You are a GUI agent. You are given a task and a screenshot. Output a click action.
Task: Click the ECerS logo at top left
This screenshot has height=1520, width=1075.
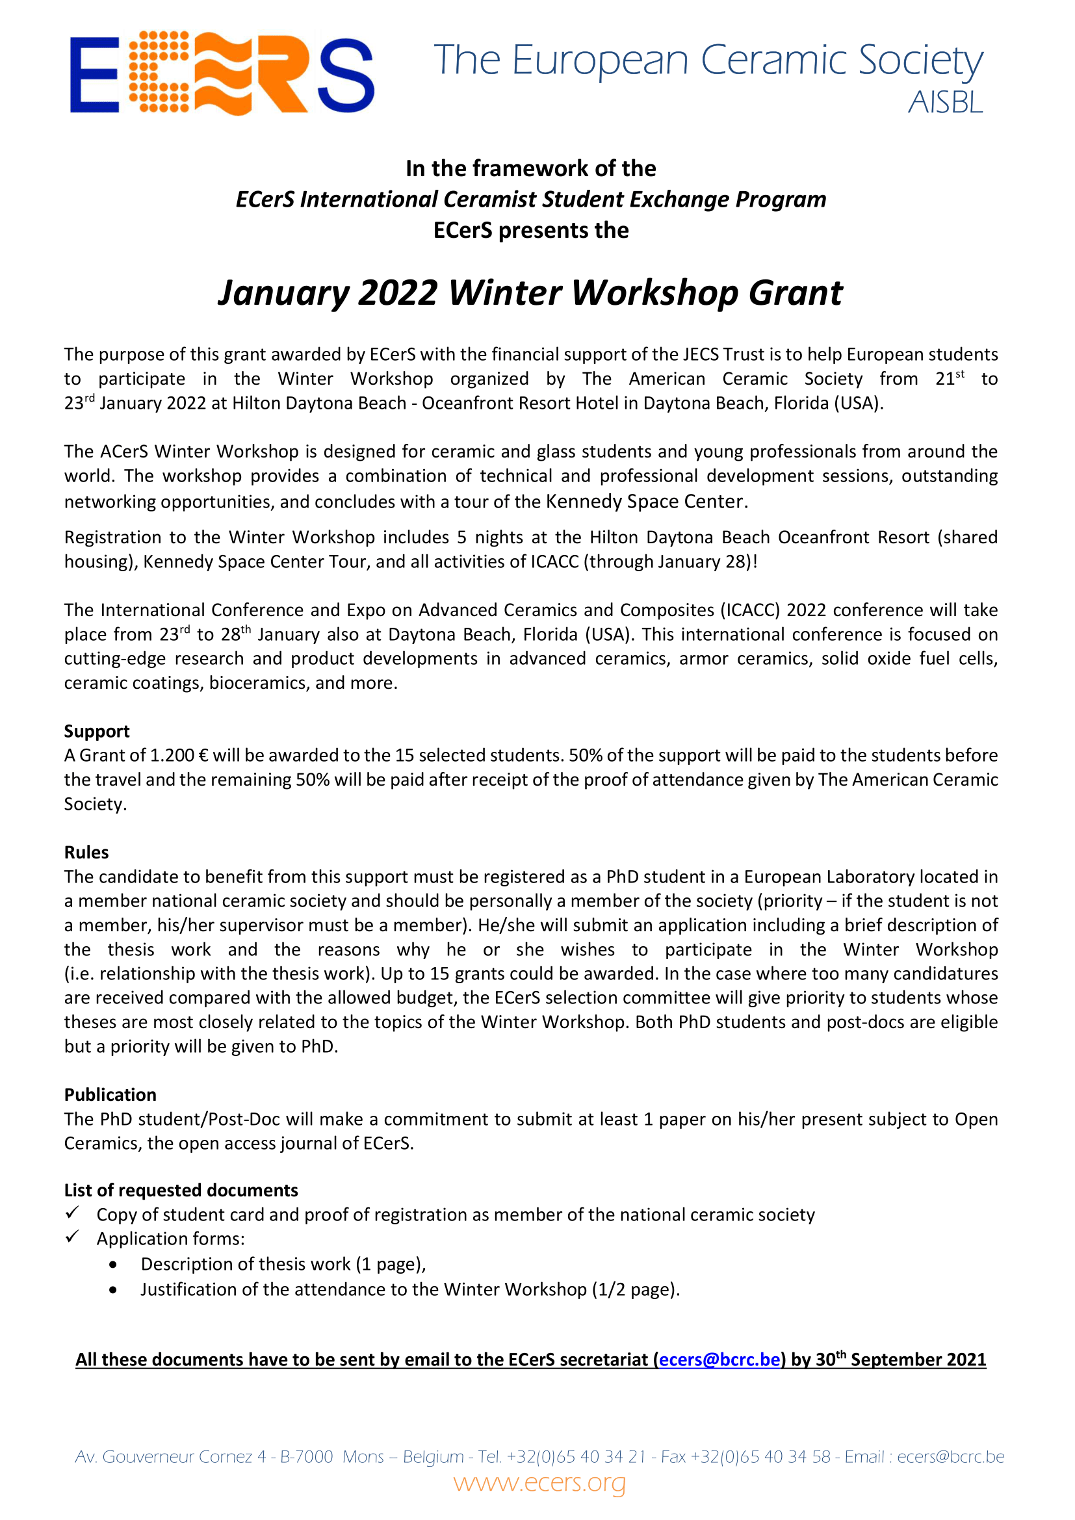[x=222, y=73]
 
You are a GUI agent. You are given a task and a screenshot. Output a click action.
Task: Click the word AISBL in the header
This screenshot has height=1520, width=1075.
[x=944, y=103]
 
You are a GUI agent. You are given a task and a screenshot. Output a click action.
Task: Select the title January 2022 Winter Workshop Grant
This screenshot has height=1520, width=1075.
[x=530, y=292]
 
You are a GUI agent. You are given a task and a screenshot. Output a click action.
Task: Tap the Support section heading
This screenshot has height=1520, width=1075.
[x=97, y=731]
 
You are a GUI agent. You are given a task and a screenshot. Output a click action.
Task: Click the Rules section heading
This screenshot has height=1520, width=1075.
[x=86, y=852]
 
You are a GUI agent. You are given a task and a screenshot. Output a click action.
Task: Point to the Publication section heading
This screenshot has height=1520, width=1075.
[x=110, y=1094]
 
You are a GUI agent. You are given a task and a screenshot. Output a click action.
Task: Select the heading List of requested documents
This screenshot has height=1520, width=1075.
[x=181, y=1191]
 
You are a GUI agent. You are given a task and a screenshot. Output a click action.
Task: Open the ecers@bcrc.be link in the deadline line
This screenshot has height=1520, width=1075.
[x=719, y=1359]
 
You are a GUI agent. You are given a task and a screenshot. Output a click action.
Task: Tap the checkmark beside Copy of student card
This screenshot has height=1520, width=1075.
[x=72, y=1213]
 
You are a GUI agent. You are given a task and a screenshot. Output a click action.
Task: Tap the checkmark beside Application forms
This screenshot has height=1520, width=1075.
[x=72, y=1237]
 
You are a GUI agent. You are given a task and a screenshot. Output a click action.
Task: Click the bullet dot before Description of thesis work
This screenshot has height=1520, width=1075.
[x=114, y=1265]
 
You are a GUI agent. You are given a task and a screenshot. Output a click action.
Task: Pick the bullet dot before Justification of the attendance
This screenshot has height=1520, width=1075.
[x=114, y=1289]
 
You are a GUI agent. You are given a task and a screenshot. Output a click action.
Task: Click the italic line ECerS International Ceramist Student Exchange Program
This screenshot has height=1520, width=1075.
[x=531, y=200]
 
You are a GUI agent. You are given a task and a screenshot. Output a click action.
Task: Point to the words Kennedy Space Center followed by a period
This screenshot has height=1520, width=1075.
[x=646, y=501]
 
